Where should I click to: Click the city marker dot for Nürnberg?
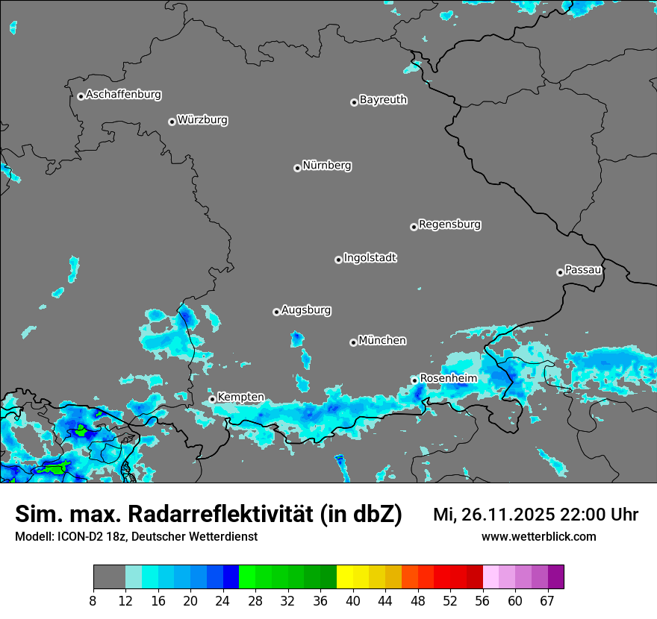coord(297,168)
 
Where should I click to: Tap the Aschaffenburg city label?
coord(123,95)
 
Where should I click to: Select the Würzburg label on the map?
coord(202,119)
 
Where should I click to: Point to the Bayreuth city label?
coord(383,99)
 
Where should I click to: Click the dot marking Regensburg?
coord(414,227)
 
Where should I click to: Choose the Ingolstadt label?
coord(370,258)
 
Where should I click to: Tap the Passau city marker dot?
coord(560,272)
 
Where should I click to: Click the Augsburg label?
coord(306,310)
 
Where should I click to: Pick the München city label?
coord(382,341)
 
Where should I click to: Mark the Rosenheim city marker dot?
coord(414,380)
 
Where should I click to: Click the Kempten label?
coord(240,398)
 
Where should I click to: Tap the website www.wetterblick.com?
coord(539,536)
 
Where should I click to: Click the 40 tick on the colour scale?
coord(353,601)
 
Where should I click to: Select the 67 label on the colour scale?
coord(547,601)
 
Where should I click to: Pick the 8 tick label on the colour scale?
coord(93,601)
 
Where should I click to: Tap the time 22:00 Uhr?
coord(597,515)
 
